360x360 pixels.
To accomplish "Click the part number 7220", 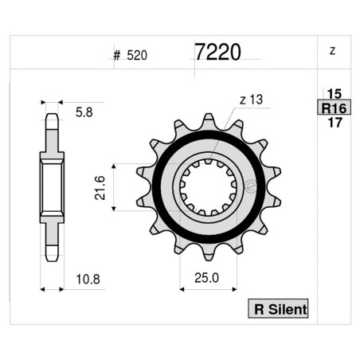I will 217,52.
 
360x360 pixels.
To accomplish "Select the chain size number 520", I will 135,56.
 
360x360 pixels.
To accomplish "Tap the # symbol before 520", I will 117,56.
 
